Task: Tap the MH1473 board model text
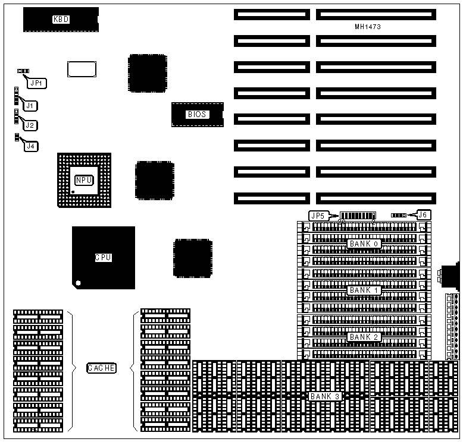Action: pos(367,27)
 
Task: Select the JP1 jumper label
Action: pos(37,84)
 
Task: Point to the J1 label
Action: pos(30,105)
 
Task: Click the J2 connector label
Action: pos(30,125)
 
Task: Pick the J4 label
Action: pos(30,146)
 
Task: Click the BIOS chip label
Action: pos(197,114)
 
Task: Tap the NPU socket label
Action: pos(84,180)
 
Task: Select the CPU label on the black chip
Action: pos(103,258)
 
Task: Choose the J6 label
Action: pos(422,214)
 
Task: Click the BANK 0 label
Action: pos(364,244)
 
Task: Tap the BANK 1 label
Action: pos(364,290)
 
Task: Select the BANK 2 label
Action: pos(364,337)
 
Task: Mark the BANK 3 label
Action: pos(325,396)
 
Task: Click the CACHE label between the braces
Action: pos(102,368)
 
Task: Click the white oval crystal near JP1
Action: pos(82,69)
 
